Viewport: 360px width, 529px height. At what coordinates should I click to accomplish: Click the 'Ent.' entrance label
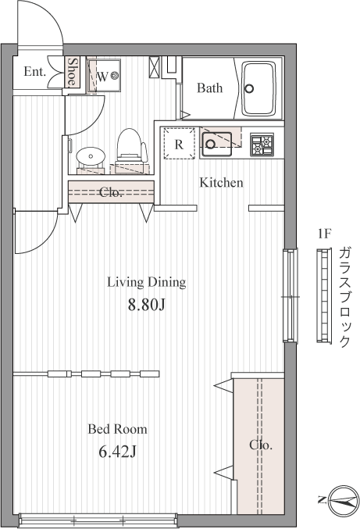(34, 72)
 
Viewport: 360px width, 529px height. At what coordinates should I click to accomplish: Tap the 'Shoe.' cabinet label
(72, 72)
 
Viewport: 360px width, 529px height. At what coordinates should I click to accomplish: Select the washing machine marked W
(104, 77)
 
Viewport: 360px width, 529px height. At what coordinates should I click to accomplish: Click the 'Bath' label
(209, 88)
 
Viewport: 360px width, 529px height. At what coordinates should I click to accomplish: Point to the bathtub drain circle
(249, 88)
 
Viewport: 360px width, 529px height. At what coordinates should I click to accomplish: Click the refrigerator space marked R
(179, 143)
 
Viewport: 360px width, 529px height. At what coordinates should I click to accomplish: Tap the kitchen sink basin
(217, 143)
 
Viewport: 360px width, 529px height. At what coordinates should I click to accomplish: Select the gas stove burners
(262, 145)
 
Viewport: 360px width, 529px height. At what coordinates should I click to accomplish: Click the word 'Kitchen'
(221, 183)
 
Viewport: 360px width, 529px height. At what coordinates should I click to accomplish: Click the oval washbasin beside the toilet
(91, 155)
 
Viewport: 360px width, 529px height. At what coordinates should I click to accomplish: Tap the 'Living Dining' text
(147, 282)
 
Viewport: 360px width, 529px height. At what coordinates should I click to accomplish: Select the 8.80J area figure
(146, 305)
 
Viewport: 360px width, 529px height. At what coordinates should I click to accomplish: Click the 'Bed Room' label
(117, 429)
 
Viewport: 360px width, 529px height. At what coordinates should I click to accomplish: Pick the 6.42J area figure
(117, 452)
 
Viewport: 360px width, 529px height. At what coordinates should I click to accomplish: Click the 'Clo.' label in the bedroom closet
(261, 445)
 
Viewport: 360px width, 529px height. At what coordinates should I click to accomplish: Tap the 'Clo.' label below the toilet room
(111, 192)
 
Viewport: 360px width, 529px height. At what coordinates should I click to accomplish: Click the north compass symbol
(343, 501)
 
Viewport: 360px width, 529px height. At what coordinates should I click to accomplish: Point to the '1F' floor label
(325, 234)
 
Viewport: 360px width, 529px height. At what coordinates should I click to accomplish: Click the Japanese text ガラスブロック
(344, 297)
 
